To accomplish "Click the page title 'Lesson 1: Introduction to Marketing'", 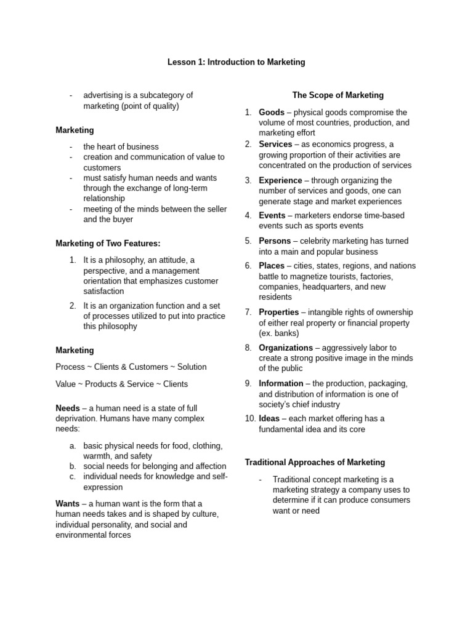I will click(236, 62).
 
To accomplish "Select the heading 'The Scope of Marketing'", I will click(338, 95).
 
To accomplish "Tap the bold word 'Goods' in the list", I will click(272, 113).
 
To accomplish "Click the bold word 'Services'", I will click(275, 145).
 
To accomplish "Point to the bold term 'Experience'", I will click(280, 181).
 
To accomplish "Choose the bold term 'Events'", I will click(272, 216).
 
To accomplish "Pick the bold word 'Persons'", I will click(275, 241).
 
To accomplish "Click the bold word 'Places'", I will click(272, 266).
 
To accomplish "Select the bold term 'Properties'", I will click(279, 313).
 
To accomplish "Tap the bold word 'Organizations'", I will click(286, 348).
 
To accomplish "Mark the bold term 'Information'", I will click(281, 383).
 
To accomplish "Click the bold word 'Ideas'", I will click(269, 419).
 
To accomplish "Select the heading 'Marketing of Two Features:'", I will click(108, 244).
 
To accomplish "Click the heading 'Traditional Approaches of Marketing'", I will click(315, 462).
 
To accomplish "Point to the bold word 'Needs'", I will click(68, 408).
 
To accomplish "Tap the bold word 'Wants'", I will click(68, 503).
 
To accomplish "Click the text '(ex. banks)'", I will click(279, 333).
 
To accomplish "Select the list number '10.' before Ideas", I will click(250, 419).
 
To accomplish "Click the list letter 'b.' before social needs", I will click(73, 466).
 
